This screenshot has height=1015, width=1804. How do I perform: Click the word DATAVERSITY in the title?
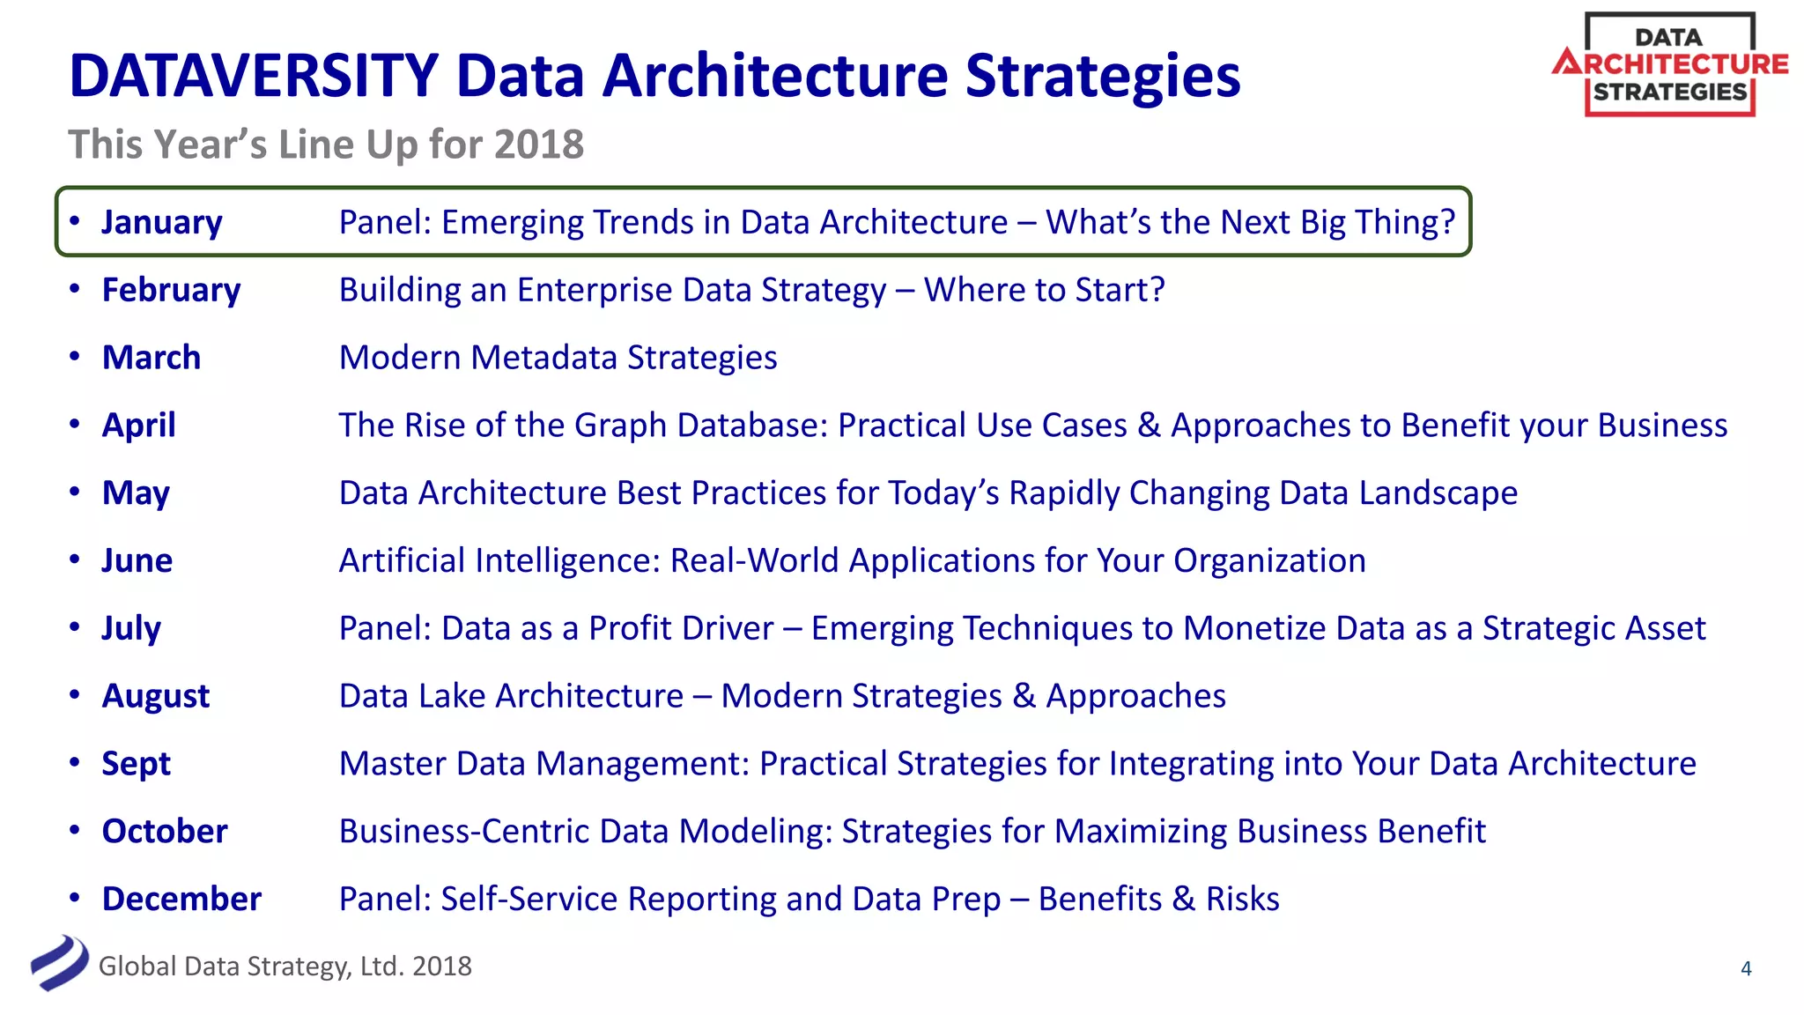click(254, 76)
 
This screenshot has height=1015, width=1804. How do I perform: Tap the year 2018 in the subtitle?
click(539, 144)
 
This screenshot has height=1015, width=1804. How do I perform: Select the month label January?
click(162, 222)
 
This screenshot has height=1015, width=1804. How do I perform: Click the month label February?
click(171, 290)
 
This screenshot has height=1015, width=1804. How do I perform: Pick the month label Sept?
click(136, 764)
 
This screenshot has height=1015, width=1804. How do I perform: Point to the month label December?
click(181, 899)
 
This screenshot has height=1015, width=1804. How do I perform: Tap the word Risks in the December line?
click(1242, 899)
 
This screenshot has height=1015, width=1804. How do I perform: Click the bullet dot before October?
click(75, 830)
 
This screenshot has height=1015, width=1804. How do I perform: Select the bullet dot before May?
click(75, 492)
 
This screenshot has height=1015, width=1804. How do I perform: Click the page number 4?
click(1746, 969)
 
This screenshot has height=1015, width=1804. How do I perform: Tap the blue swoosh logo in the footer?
click(59, 963)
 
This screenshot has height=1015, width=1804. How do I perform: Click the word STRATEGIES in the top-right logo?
click(1669, 93)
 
